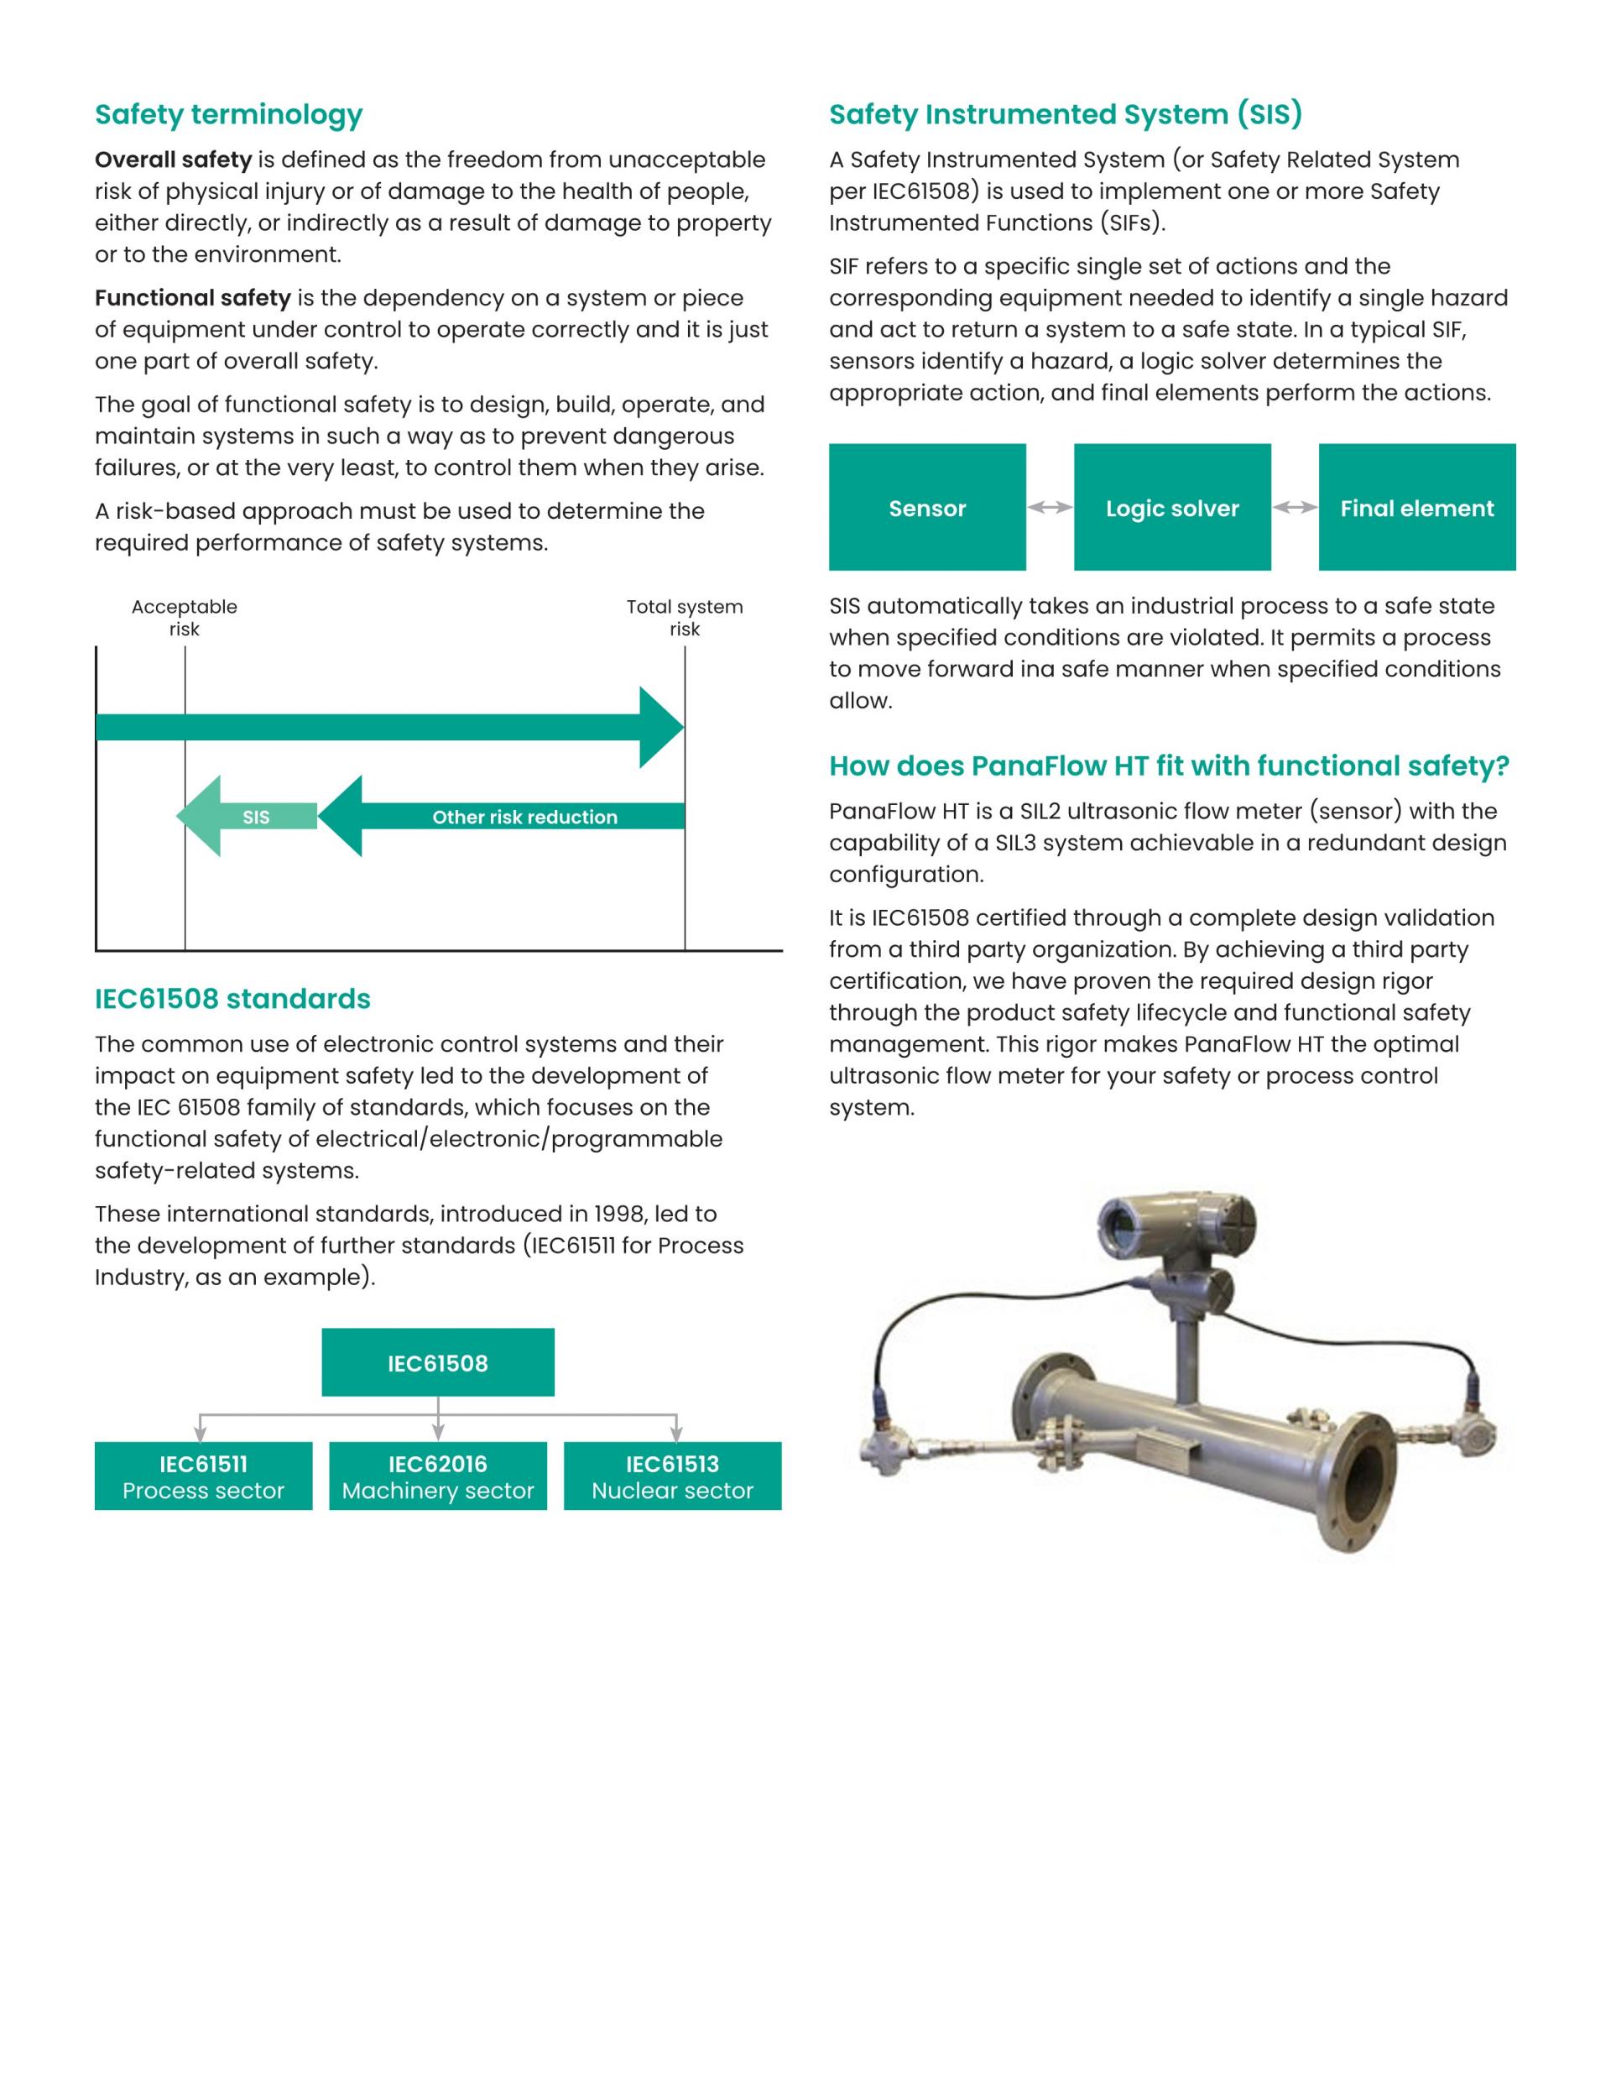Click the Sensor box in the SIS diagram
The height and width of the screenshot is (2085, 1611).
(926, 507)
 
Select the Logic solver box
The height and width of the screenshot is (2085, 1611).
(1172, 507)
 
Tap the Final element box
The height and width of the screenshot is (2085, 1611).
(1417, 507)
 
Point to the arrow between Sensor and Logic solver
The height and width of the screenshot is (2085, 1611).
(1050, 507)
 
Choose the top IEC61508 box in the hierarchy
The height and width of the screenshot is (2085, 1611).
(437, 1362)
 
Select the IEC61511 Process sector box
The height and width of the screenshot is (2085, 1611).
(203, 1476)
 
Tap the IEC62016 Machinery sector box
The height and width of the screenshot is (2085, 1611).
(438, 1476)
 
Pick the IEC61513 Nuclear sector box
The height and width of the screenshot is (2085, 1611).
(672, 1476)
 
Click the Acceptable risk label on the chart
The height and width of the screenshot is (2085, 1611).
(185, 618)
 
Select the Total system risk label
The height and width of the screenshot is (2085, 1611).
(685, 618)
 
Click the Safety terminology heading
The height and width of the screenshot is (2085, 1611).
(229, 114)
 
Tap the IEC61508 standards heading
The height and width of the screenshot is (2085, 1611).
(232, 999)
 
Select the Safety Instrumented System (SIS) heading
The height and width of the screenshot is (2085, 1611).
(1065, 114)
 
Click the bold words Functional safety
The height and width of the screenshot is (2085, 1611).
(193, 298)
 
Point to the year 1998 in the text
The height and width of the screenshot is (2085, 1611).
(619, 1214)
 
